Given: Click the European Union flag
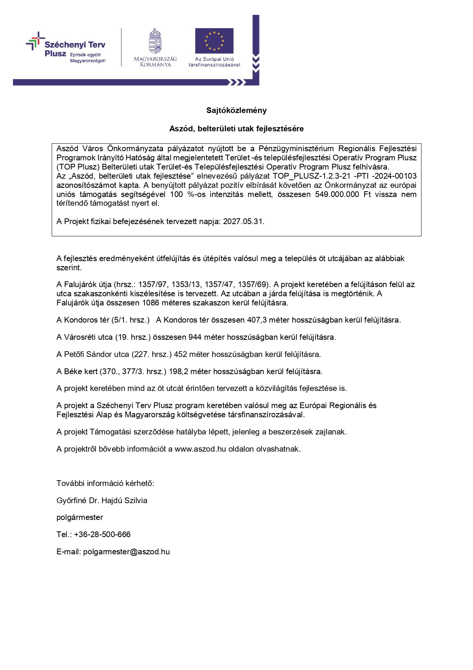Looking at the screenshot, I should tap(214, 40).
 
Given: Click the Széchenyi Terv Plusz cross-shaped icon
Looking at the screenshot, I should tap(34, 42).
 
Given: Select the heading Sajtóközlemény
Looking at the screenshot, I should tap(236, 110).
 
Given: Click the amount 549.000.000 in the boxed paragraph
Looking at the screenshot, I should tap(337, 194).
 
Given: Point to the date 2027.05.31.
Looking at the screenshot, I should tap(243, 221).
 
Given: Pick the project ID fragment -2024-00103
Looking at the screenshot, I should tap(395, 176).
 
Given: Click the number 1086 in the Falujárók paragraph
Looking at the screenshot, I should tap(150, 303).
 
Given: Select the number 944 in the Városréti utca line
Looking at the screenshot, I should tap(195, 337).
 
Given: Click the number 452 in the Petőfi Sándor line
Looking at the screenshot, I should tap(180, 354).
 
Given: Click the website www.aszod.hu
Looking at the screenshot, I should tap(200, 449).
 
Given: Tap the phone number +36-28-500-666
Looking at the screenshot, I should tap(102, 534).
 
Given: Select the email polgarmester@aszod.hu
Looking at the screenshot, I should tap(126, 552).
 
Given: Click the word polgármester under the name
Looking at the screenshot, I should tap(80, 517).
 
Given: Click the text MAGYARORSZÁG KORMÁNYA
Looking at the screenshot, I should tap(155, 62).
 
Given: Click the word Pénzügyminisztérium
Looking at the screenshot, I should tap(296, 149).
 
